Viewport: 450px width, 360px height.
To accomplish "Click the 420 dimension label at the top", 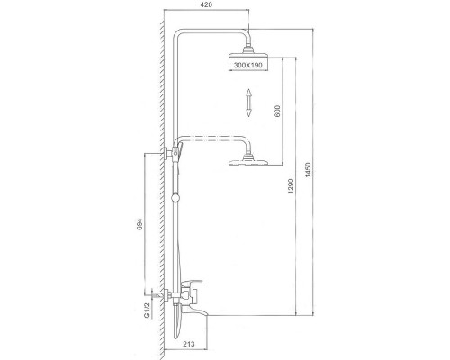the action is click(206, 4).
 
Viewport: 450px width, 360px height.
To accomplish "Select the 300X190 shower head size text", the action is click(248, 65).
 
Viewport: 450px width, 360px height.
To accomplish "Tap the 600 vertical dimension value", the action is click(277, 111).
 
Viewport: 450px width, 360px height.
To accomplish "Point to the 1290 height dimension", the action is click(291, 186).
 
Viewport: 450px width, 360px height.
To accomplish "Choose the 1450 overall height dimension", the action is click(309, 170).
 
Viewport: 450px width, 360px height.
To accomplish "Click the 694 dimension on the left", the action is click(139, 224).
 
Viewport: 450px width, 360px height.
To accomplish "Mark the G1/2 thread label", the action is click(147, 310).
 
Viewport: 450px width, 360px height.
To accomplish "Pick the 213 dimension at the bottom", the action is click(188, 344).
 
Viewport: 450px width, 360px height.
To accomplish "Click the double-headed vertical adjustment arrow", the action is click(248, 103).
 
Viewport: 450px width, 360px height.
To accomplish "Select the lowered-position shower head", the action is click(248, 161).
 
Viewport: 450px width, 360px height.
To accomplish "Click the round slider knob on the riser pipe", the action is click(175, 198).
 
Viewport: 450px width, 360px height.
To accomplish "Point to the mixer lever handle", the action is click(192, 283).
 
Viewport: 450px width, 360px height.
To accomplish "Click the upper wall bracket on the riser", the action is click(169, 152).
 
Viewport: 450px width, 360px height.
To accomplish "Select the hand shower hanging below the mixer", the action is click(178, 321).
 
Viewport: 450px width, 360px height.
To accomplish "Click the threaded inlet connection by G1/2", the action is click(157, 294).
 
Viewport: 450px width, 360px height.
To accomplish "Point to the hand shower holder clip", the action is click(179, 151).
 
